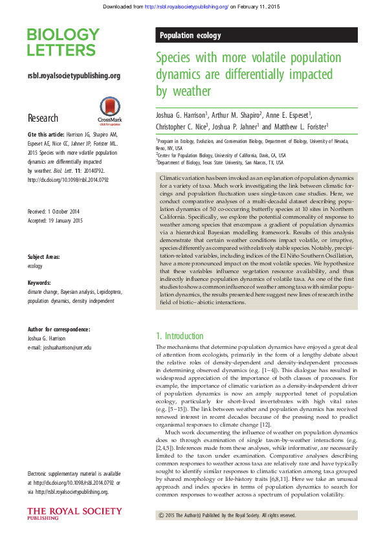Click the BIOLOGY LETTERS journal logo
pyautogui.click(x=63, y=43)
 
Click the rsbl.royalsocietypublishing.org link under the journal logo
pyautogui.click(x=74, y=76)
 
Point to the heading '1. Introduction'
pyautogui.click(x=180, y=336)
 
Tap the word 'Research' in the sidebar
pyautogui.click(x=43, y=118)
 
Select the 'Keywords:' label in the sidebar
pyautogui.click(x=39, y=283)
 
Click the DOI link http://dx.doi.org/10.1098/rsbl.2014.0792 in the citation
pyautogui.click(x=67, y=179)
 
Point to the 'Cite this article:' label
pyautogui.click(x=45, y=134)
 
